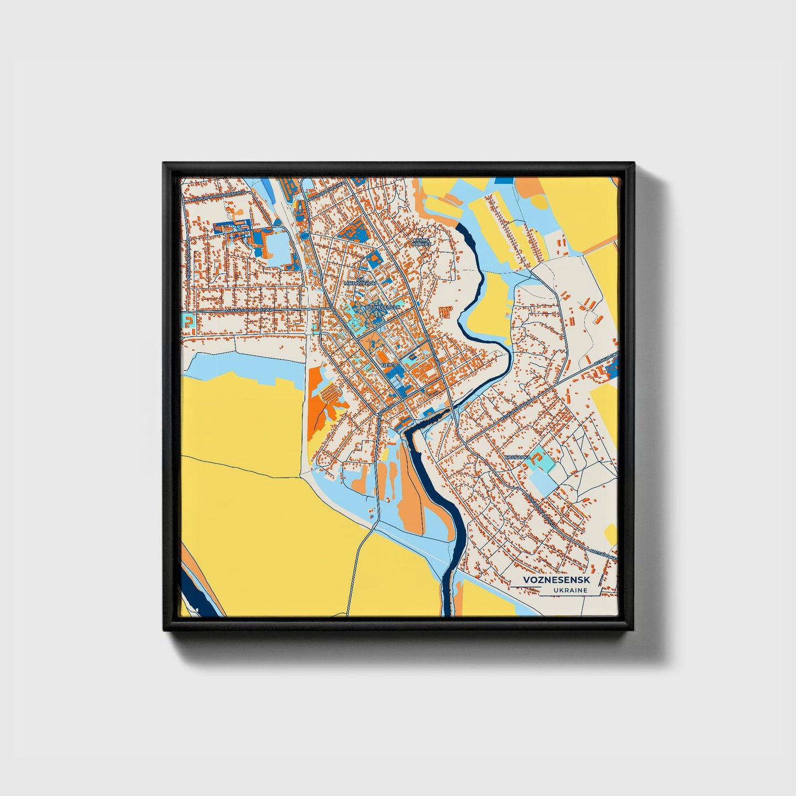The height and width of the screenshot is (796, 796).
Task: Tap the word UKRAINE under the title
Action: [x=571, y=590]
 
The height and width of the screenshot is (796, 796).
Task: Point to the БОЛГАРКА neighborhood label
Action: [x=517, y=457]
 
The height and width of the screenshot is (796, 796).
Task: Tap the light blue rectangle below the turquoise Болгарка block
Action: [x=543, y=483]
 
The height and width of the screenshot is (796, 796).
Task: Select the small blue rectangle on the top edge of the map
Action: [x=503, y=180]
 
